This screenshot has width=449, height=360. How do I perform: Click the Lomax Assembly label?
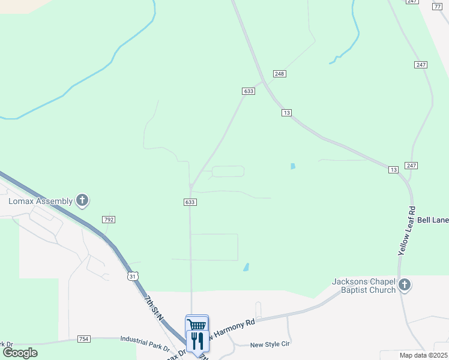40,201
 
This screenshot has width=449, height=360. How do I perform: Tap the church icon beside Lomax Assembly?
82,201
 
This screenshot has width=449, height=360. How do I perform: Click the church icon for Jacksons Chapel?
405,284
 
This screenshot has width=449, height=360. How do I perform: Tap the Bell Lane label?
433,220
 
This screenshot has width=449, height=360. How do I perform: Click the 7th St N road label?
154,307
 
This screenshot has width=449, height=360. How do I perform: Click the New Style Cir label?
270,344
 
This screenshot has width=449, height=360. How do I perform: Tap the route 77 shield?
436,6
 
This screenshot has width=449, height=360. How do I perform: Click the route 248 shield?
279,73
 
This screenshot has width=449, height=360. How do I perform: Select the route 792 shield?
109,220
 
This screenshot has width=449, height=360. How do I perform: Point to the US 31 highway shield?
133,275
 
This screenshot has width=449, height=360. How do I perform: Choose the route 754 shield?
83,340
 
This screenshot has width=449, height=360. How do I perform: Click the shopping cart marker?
197,325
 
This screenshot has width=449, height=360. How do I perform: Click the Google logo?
20,353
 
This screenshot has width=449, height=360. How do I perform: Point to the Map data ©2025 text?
424,355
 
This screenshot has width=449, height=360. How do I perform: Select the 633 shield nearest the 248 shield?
249,91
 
